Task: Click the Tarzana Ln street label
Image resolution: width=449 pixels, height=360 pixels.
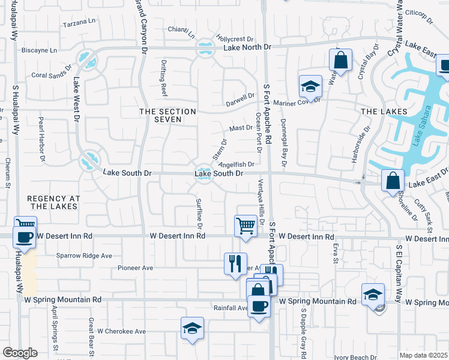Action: [x=80, y=21]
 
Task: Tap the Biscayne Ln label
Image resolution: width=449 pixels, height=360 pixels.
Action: [x=40, y=50]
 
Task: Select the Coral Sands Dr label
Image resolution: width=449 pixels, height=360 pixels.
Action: [x=47, y=75]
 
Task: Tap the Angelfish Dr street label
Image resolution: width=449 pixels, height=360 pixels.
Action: [x=237, y=164]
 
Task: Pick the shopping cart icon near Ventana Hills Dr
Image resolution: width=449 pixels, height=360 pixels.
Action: [x=245, y=226]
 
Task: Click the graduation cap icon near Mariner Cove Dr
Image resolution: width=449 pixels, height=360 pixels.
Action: [x=310, y=86]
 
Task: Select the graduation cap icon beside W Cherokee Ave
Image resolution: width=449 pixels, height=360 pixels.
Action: [x=191, y=328]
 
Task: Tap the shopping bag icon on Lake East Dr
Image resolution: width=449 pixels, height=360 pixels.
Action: [x=393, y=179]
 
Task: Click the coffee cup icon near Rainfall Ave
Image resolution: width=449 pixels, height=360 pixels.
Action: [x=259, y=306]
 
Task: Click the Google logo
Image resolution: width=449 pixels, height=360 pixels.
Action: [x=20, y=353]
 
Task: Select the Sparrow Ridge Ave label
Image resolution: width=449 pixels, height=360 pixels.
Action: [x=85, y=256]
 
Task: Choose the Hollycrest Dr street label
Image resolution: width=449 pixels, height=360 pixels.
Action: [x=235, y=38]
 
